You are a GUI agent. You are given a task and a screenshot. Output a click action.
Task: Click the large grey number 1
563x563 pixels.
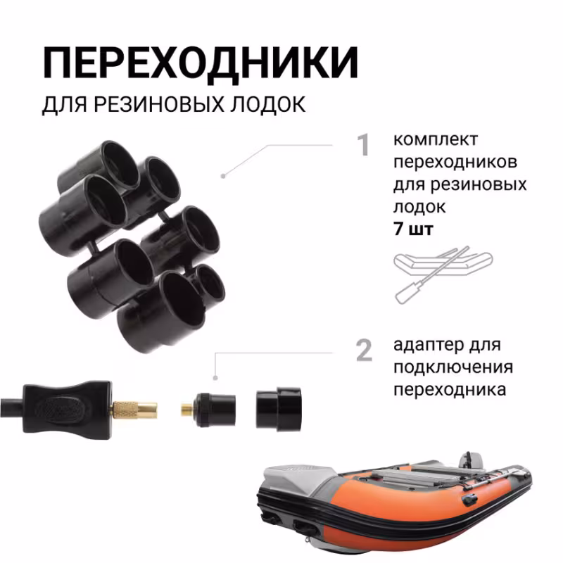(363, 146)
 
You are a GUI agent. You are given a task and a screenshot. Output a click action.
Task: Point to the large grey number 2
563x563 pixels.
(363, 350)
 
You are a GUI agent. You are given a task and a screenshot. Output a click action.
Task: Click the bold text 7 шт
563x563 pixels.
(414, 230)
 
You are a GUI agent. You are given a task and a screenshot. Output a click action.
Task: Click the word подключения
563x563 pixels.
(453, 368)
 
